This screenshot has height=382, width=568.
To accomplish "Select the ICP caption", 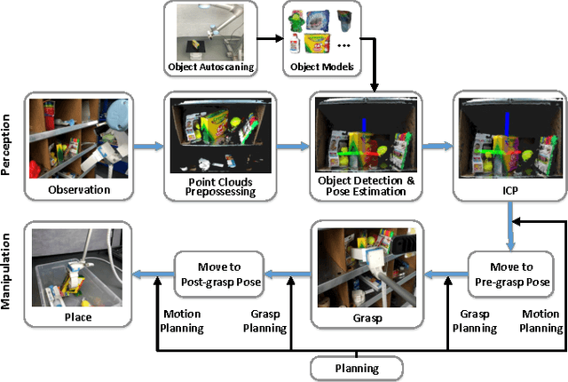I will (503, 188).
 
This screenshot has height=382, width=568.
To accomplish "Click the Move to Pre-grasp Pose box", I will (512, 274).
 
